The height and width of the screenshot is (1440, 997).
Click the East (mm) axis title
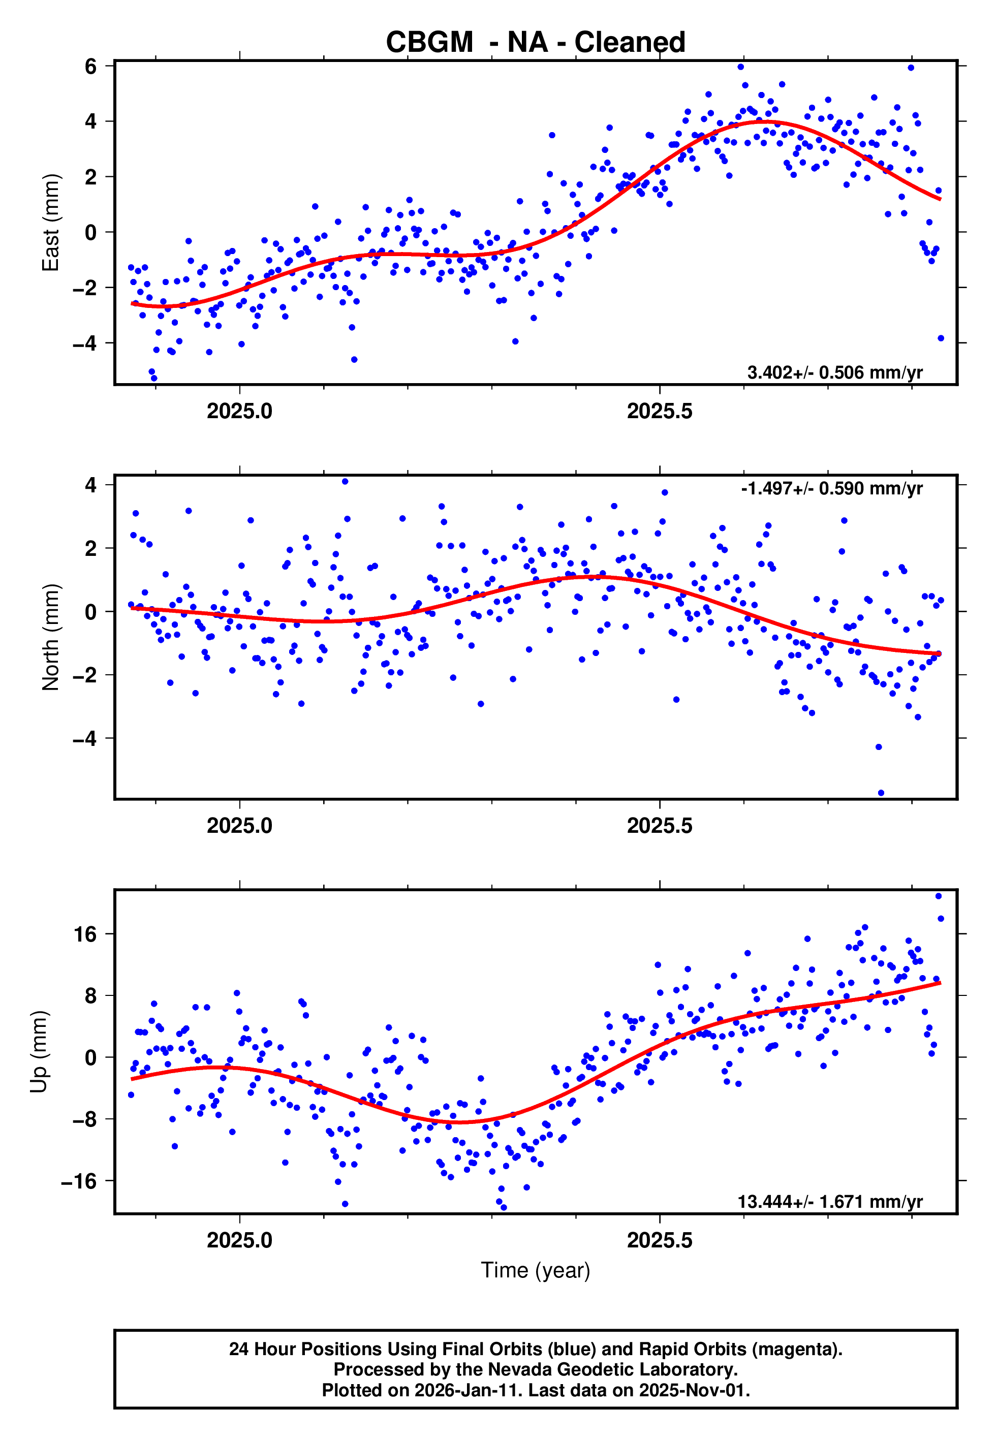[51, 223]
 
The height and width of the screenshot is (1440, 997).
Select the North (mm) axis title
[51, 637]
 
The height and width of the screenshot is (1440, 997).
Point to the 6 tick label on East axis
[91, 66]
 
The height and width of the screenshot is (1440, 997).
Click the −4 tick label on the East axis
[84, 343]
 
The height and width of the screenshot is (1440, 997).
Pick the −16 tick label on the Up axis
[79, 1181]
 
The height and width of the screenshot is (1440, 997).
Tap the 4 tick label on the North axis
[91, 485]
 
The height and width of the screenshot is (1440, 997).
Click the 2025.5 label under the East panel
[660, 412]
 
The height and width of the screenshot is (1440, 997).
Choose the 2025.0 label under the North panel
[240, 826]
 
